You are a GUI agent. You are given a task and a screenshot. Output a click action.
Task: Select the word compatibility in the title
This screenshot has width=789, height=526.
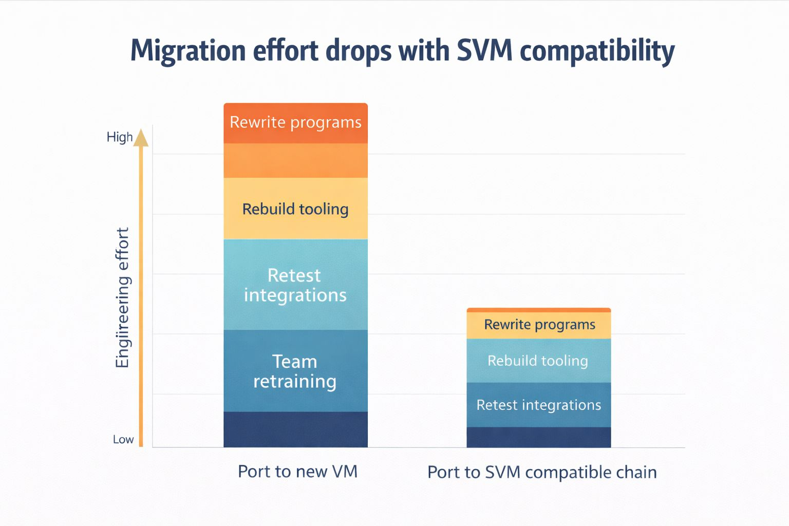coord(597,51)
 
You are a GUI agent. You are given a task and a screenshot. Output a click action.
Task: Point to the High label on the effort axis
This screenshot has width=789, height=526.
coord(119,137)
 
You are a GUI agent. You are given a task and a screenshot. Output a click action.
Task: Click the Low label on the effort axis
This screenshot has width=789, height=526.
coord(123,440)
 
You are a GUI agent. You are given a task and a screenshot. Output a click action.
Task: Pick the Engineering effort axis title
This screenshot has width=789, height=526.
coord(122,298)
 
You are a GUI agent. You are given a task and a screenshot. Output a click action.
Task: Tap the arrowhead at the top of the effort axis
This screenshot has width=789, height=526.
coord(141,138)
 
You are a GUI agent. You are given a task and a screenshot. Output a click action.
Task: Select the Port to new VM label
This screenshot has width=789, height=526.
coord(297,472)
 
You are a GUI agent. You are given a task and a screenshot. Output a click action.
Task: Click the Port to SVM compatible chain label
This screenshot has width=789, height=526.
coord(542,473)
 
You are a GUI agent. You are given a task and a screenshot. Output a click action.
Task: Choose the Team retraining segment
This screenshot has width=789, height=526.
coord(295,371)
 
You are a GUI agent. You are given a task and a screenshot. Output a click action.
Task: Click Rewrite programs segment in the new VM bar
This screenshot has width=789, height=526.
coord(295,123)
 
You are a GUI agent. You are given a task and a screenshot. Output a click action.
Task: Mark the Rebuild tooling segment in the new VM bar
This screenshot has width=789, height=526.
coord(295,209)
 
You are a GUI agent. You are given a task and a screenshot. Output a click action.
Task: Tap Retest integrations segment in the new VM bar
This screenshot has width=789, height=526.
coord(295,285)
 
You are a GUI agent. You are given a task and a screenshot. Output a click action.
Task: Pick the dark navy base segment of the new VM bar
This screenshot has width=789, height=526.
coord(295,429)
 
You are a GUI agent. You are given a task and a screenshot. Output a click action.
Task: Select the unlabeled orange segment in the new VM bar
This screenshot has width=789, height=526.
coord(295,161)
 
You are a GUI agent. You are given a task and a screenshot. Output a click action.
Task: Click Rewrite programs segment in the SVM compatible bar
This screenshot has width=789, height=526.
coord(539,325)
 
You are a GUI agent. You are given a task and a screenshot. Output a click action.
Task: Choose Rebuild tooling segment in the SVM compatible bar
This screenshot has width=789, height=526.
coord(538,361)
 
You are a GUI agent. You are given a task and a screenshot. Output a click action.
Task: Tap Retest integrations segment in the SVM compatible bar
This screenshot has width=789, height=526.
coord(538,405)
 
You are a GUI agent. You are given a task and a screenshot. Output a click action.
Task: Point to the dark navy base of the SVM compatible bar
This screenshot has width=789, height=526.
coord(538,437)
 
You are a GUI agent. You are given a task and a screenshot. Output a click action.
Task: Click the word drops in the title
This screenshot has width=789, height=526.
coord(358,50)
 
